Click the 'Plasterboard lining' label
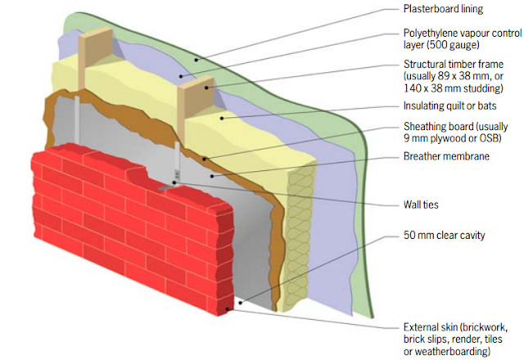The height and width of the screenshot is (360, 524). [x=443, y=9]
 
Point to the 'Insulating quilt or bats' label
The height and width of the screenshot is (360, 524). [x=450, y=106]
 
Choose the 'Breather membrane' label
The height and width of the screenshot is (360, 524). [x=446, y=155]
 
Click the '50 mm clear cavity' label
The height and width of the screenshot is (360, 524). [x=444, y=236]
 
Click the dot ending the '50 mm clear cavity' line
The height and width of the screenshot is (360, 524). [x=240, y=303]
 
